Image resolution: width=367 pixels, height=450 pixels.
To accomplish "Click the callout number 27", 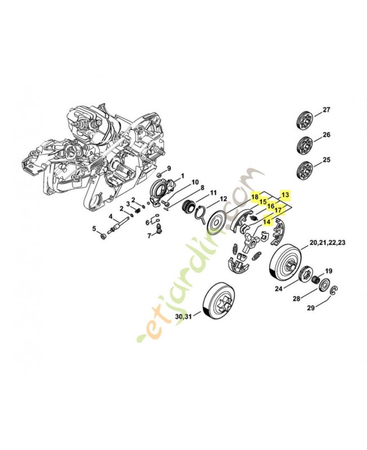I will [x=327, y=110].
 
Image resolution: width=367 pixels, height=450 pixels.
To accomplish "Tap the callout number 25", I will [x=327, y=161].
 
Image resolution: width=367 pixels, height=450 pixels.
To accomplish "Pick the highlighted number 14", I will [x=267, y=222].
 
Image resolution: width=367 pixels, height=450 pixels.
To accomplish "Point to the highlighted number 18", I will [x=255, y=197].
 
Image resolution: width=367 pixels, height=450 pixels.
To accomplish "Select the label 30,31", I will [x=183, y=317].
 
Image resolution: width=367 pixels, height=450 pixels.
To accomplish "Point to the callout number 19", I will [x=329, y=271].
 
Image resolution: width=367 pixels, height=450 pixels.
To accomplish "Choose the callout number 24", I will [x=278, y=289].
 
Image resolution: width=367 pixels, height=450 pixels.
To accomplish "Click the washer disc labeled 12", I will [x=215, y=220].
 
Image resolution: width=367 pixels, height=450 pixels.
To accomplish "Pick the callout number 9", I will [x=168, y=169].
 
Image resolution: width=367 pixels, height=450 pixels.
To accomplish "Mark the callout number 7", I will [x=149, y=235].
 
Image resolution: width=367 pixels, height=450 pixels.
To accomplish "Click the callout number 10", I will [x=195, y=182].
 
